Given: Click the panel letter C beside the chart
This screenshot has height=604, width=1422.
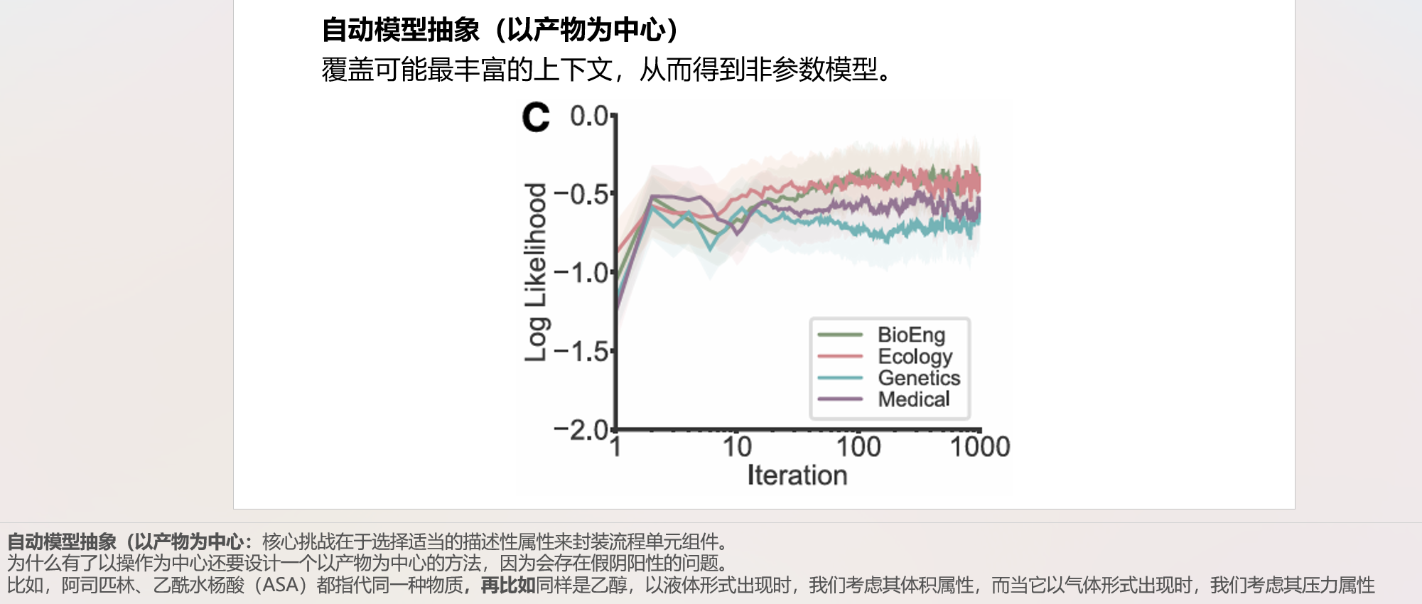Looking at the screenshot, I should tap(536, 117).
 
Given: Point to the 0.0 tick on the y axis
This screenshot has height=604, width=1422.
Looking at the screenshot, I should tap(589, 116).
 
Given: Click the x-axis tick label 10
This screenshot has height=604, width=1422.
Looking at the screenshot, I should tap(737, 447).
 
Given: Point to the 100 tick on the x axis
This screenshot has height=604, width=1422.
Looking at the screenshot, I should tap(858, 447).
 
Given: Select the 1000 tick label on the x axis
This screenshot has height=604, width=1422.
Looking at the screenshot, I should tap(980, 447).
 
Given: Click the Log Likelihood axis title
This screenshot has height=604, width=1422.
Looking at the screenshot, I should tap(535, 272).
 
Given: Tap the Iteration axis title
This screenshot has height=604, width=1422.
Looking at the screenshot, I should tap(797, 475).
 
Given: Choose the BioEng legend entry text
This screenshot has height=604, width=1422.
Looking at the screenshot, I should tap(911, 335).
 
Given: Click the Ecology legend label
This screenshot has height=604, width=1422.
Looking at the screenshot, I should tap(915, 356).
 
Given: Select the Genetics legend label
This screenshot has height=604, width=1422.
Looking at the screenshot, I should tap(919, 377).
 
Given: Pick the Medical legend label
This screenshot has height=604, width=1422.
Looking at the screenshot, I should tap(913, 399).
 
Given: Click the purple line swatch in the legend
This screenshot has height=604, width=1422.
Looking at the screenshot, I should tap(840, 399).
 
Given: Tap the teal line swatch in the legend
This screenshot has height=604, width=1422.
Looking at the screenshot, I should tap(840, 378).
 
